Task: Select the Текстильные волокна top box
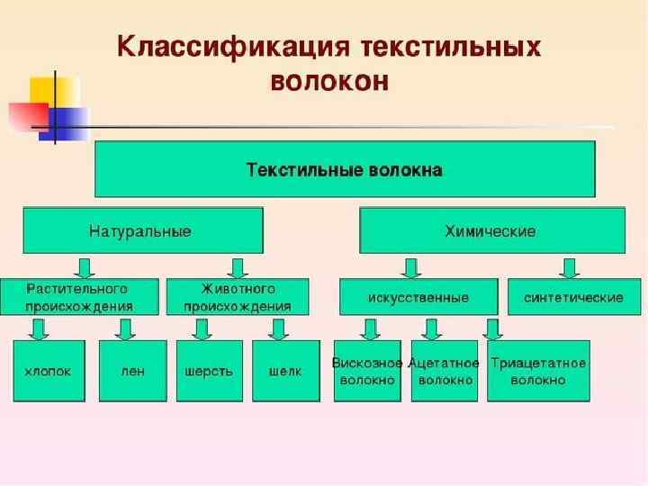click(345, 169)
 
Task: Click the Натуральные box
click(142, 231)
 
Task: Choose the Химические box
click(491, 231)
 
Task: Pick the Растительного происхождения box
click(79, 297)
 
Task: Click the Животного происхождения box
click(238, 297)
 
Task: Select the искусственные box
click(418, 297)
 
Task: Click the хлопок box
click(49, 370)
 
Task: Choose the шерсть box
click(209, 370)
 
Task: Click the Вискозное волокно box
click(367, 371)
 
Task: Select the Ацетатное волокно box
click(445, 371)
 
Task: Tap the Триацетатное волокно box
click(538, 371)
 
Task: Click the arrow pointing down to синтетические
click(568, 267)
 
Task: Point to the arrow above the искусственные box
click(411, 267)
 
